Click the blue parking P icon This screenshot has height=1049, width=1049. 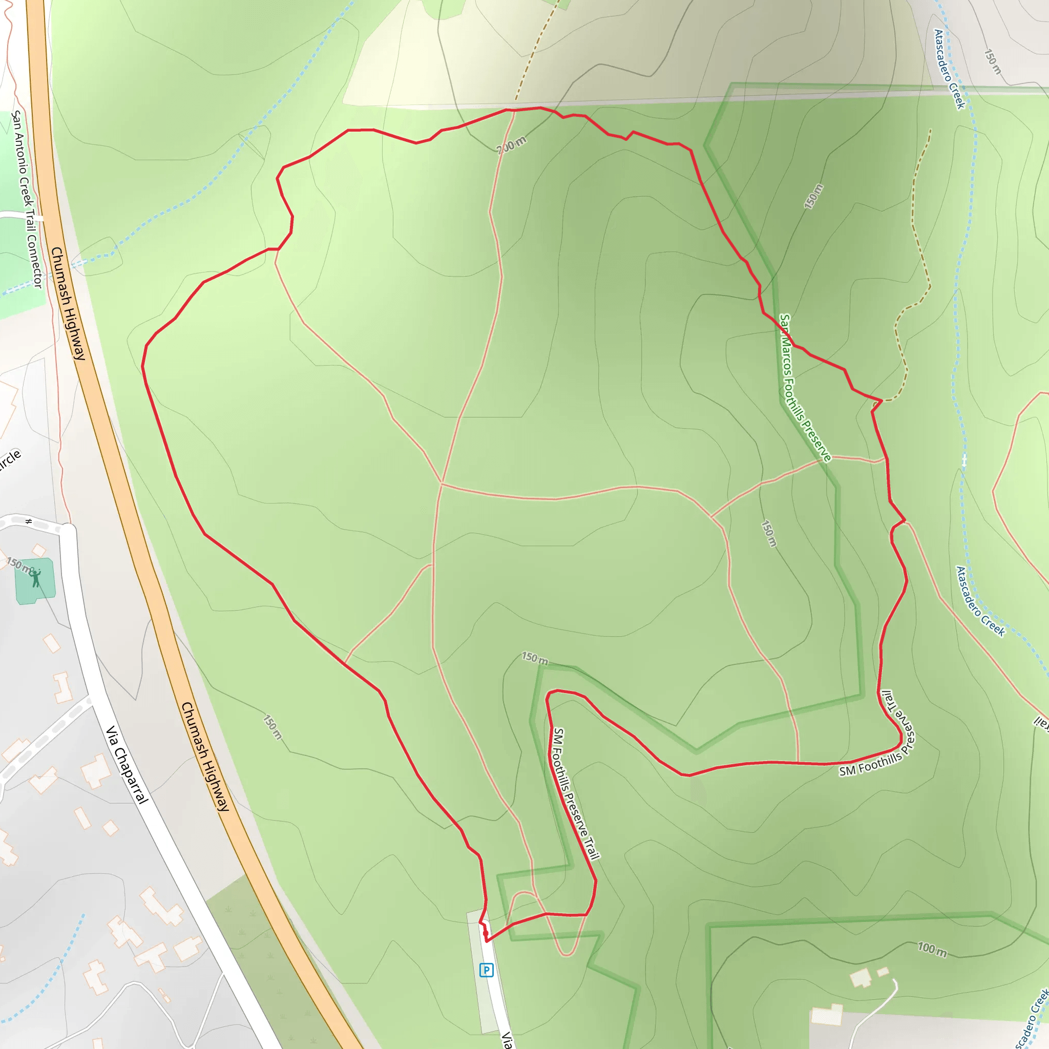(486, 970)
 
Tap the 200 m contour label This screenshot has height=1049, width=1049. (512, 144)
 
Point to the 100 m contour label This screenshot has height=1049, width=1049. (932, 950)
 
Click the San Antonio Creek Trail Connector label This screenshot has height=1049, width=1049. (27, 199)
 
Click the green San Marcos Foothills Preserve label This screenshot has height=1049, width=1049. (805, 388)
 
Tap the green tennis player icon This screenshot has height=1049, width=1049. (36, 578)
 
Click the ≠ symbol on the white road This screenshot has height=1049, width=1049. (29, 522)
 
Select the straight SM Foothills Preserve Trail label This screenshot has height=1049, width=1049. (576, 794)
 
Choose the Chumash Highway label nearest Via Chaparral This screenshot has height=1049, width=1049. (205, 757)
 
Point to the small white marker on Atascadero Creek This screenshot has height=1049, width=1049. (964, 461)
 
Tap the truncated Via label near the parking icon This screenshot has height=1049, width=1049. (507, 1039)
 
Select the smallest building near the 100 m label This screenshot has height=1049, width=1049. (883, 971)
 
